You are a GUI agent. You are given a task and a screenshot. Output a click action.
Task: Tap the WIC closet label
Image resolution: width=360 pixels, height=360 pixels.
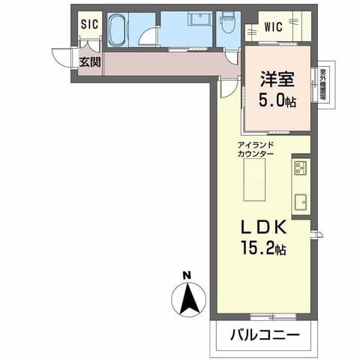click(x=273, y=28)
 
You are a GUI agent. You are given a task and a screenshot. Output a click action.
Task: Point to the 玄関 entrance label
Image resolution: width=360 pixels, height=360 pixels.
click(x=90, y=62)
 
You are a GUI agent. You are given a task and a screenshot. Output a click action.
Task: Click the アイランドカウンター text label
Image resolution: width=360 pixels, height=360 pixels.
click(x=255, y=148)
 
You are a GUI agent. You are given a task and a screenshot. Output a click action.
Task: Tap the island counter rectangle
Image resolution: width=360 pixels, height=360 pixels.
click(x=255, y=182)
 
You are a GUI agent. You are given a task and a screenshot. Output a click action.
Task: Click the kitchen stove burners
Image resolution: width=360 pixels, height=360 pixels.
click(x=301, y=166)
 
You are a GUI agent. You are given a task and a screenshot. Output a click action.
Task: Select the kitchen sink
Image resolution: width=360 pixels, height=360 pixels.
click(x=301, y=201)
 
